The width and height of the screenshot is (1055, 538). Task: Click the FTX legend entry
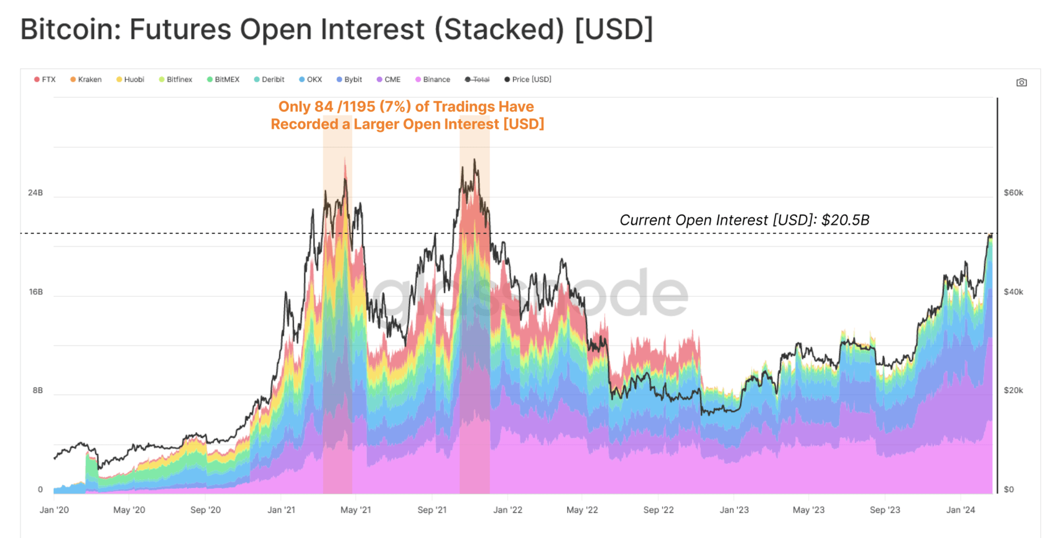click(45, 79)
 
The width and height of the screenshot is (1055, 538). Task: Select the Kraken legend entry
click(86, 79)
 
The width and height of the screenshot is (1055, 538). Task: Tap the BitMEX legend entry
click(223, 79)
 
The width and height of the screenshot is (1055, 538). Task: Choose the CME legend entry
click(389, 79)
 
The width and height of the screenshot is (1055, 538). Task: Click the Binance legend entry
click(433, 79)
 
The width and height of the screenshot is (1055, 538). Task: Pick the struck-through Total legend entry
click(478, 79)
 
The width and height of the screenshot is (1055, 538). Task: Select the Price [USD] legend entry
click(528, 79)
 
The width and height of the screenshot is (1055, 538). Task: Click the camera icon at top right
click(1022, 83)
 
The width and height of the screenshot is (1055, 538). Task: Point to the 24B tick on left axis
click(35, 193)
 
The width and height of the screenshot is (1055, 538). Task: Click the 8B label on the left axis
click(37, 391)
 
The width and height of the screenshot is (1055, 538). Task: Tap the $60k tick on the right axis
click(1013, 193)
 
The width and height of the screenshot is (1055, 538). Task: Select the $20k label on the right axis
click(1013, 391)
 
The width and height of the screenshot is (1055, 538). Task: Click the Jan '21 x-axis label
click(281, 510)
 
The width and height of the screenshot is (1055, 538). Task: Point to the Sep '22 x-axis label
click(658, 510)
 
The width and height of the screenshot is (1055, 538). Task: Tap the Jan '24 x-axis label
click(960, 510)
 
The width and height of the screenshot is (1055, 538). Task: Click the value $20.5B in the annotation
click(845, 220)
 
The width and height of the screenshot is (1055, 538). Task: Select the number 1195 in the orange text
click(358, 107)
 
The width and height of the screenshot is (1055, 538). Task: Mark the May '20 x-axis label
click(129, 510)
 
